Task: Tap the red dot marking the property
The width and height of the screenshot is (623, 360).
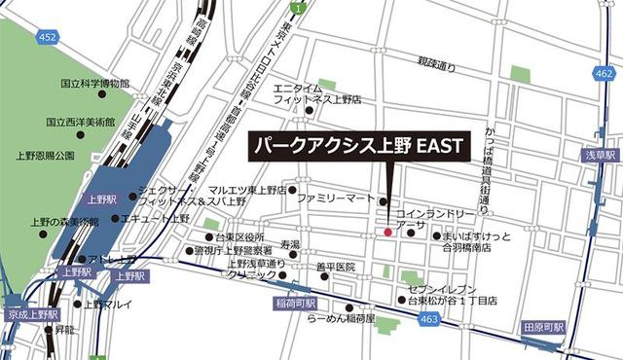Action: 386,233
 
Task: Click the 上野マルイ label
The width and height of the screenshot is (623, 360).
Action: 106,304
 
